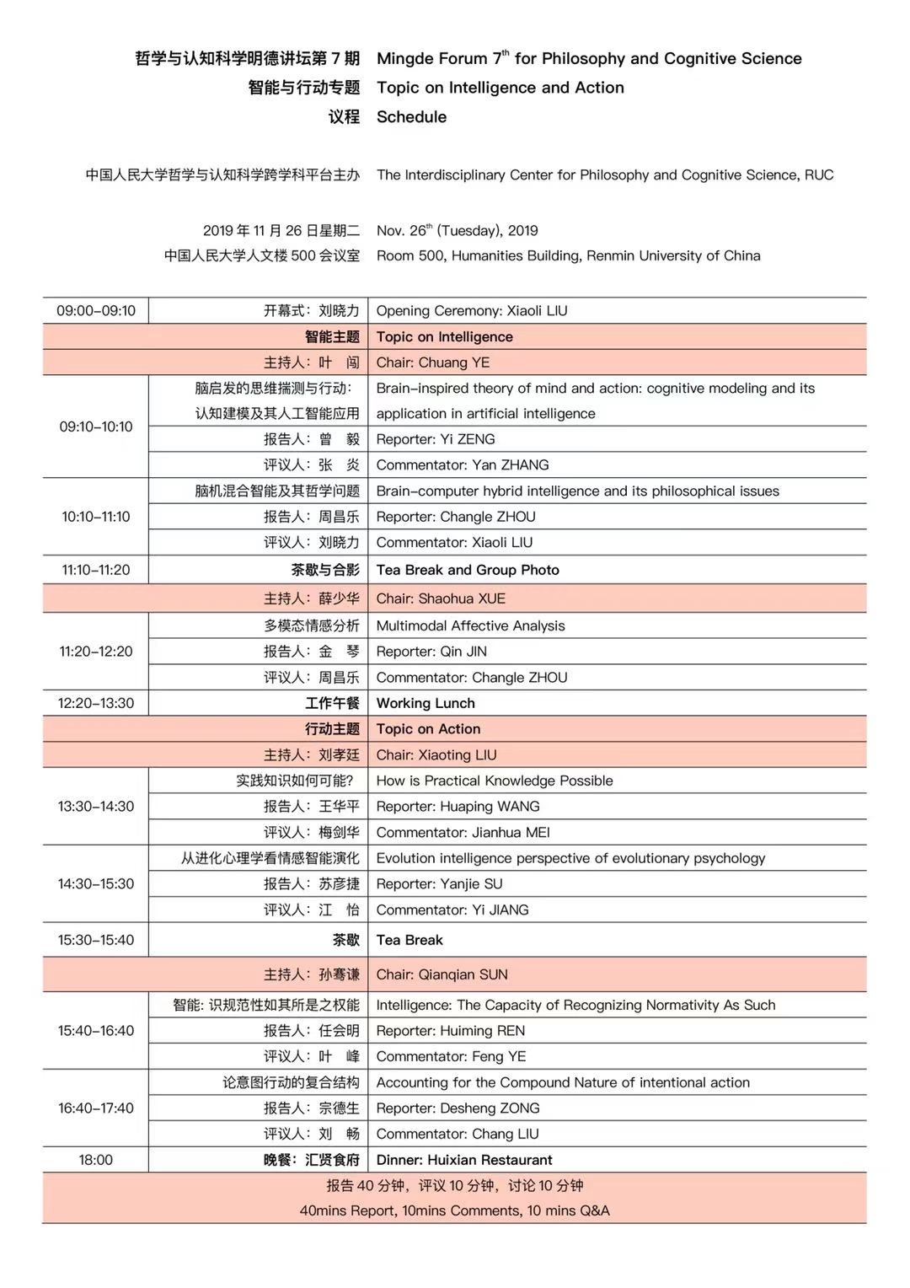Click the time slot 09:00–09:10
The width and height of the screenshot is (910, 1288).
click(96, 310)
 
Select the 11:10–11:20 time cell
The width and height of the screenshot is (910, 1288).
click(96, 570)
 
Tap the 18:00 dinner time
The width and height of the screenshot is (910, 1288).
click(96, 1160)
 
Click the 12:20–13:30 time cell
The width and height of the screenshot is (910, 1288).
click(96, 703)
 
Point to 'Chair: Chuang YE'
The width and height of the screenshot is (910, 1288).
click(433, 362)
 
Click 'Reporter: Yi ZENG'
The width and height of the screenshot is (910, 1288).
click(436, 439)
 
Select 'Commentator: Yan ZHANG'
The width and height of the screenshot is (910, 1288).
click(463, 464)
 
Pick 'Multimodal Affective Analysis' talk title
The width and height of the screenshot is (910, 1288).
click(471, 625)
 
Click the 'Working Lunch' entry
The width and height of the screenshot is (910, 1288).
click(426, 703)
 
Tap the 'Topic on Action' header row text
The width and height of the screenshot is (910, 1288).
click(428, 729)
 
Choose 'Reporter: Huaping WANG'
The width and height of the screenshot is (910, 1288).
click(458, 807)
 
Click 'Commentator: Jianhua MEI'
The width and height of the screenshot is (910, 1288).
click(463, 833)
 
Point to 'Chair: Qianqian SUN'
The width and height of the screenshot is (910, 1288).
click(442, 974)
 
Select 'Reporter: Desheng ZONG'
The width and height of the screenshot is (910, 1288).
click(458, 1108)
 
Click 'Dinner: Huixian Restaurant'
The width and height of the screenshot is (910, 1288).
click(464, 1160)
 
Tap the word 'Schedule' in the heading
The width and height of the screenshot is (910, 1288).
click(411, 117)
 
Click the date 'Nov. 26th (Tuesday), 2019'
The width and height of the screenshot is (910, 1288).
click(458, 231)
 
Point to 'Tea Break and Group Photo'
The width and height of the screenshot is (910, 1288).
click(468, 570)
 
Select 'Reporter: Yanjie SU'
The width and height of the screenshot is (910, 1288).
click(439, 884)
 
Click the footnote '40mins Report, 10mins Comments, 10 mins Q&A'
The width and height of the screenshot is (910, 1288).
click(455, 1210)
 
